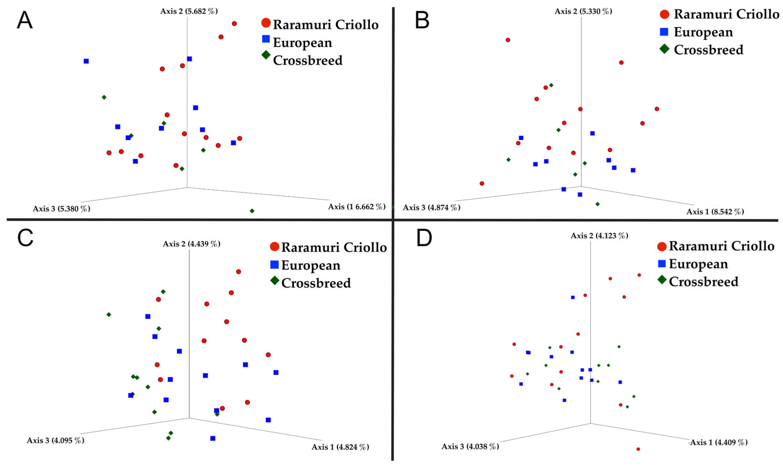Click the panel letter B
[422, 20]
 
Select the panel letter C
[25, 238]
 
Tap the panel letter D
[424, 238]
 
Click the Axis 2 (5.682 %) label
[189, 11]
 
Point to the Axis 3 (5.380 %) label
[61, 209]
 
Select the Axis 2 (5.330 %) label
[583, 11]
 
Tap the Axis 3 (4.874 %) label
[431, 208]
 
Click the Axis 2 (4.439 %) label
[191, 244]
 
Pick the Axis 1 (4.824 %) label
[340, 447]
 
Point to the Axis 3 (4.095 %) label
[55, 440]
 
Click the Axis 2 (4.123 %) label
[599, 236]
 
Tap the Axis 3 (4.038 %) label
[470, 447]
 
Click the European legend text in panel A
[302, 43]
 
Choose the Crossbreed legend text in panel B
[709, 50]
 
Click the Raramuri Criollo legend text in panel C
[334, 247]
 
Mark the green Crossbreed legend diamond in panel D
[662, 280]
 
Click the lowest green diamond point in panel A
[252, 211]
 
